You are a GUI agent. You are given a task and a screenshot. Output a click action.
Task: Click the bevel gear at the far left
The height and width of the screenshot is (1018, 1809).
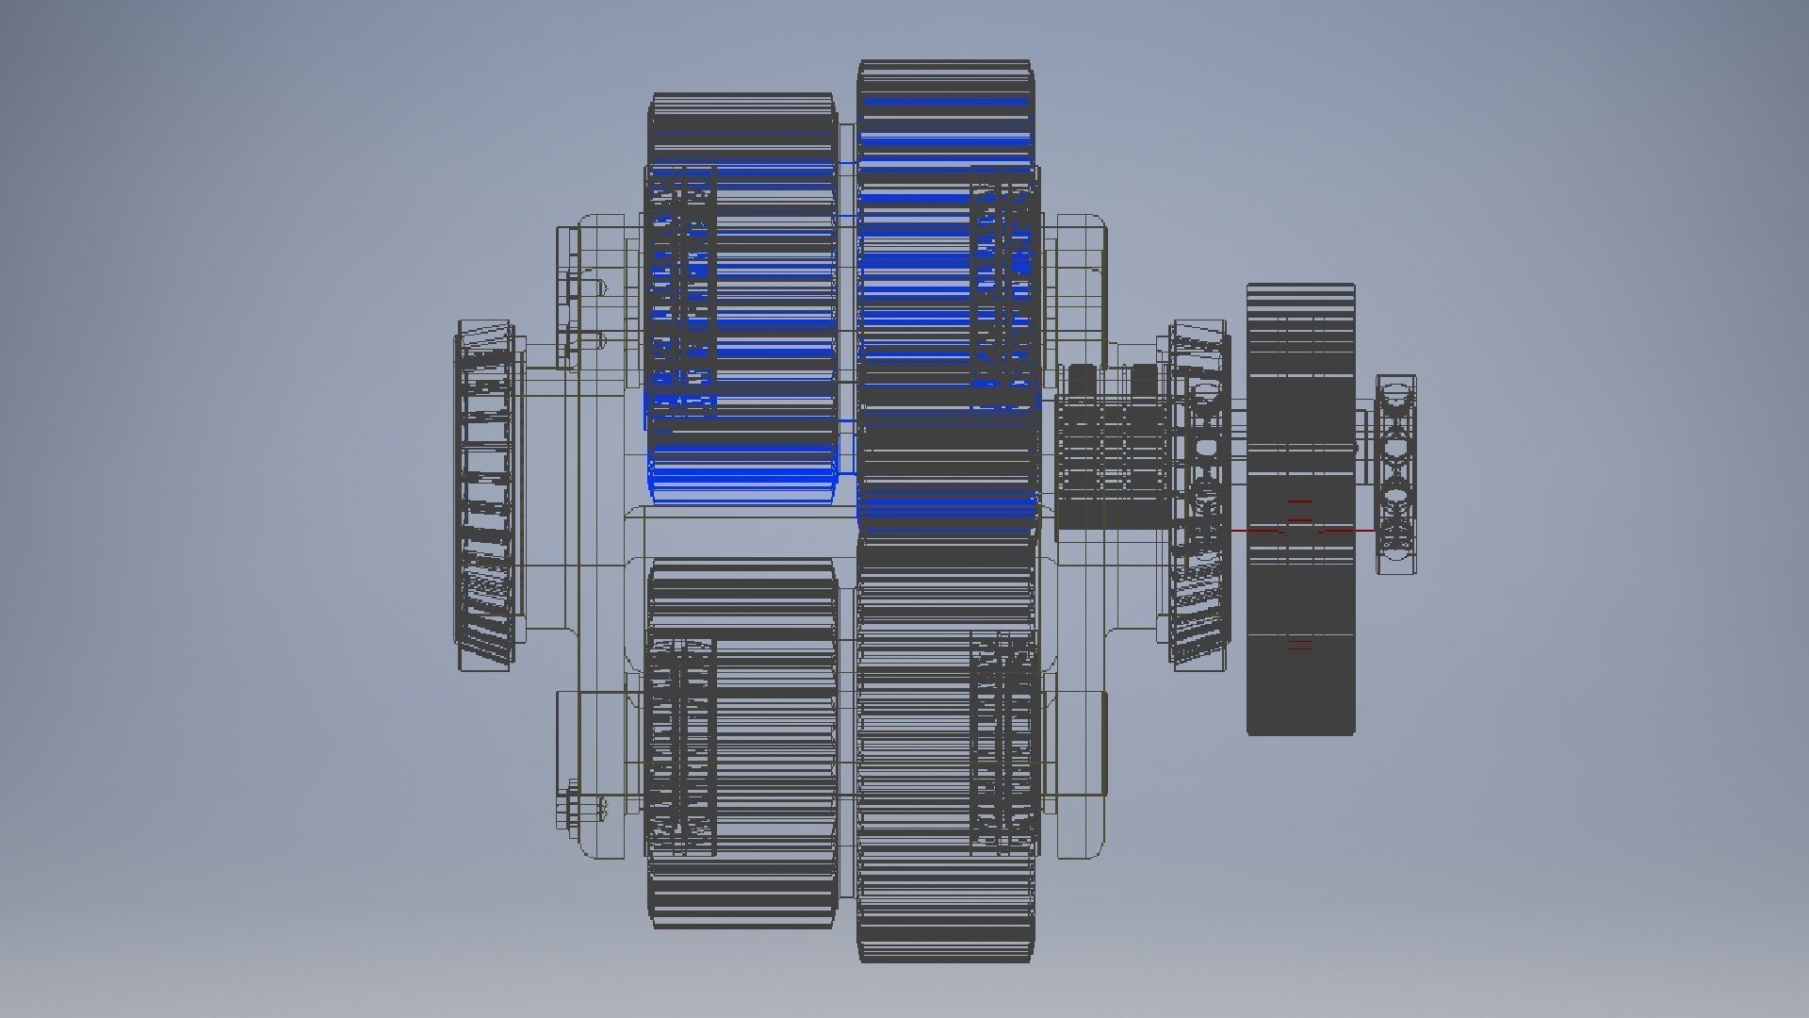point(485,495)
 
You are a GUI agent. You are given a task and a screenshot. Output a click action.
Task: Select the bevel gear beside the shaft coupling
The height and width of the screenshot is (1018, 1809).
point(1197,495)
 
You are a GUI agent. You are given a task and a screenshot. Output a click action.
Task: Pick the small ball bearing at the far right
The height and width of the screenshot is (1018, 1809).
point(1395,474)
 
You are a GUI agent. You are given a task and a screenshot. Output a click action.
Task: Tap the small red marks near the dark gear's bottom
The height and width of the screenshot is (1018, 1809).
point(1299,646)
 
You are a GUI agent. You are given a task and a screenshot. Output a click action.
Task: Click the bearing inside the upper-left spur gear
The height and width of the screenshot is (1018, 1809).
point(681,292)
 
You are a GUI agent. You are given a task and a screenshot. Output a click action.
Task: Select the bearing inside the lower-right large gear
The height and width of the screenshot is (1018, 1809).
point(1004,740)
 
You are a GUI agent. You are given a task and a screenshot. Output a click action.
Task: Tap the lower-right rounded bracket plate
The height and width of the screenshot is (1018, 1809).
point(1082,773)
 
